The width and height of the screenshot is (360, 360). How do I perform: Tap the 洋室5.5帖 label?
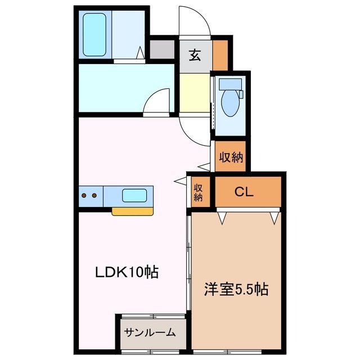tap(235, 290)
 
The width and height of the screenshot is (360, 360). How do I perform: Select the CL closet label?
tap(244, 192)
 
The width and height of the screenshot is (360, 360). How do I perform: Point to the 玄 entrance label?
tap(195, 56)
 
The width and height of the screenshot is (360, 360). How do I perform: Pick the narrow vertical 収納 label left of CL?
tap(199, 192)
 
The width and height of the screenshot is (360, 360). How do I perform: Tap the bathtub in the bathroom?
tap(96, 35)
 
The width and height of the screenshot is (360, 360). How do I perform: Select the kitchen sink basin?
tap(135, 196)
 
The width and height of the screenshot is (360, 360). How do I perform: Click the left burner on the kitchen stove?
tap(84, 196)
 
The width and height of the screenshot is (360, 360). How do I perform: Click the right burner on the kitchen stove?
tap(94, 196)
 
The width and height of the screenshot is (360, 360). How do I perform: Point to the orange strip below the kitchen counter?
tap(132, 212)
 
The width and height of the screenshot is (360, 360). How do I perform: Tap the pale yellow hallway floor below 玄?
tap(194, 93)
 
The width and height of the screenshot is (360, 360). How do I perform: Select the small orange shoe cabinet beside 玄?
tap(220, 52)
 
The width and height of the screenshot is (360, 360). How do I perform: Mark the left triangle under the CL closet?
tap(223, 215)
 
